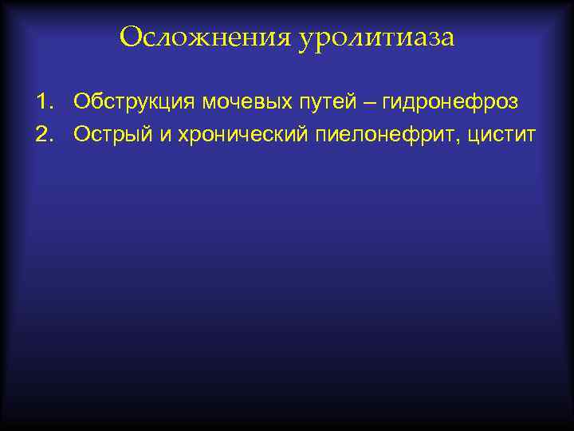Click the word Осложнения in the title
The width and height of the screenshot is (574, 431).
tap(206, 37)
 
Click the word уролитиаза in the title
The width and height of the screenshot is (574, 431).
tap(377, 38)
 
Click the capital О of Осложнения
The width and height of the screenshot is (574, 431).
tap(130, 37)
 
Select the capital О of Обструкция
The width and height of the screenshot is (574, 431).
tap(82, 103)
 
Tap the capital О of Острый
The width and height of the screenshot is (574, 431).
tap(82, 136)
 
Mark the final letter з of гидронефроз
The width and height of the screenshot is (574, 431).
tap(513, 105)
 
